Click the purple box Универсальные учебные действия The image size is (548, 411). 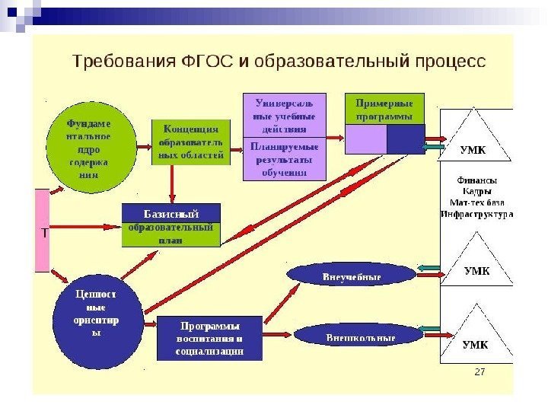tap(283, 114)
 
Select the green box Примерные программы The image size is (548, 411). tap(384, 108)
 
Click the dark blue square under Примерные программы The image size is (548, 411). tap(406, 139)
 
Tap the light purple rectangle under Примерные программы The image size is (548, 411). tap(366, 139)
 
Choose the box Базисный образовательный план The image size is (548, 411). tap(171, 225)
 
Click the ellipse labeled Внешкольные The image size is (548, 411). tap(349, 335)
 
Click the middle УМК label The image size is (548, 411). tap(477, 271)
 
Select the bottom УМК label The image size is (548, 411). tap(476, 344)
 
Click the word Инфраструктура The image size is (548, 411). tap(476, 214)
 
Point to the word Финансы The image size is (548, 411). tap(476, 180)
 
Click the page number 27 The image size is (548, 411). tap(479, 371)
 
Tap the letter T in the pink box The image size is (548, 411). tap(44, 234)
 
